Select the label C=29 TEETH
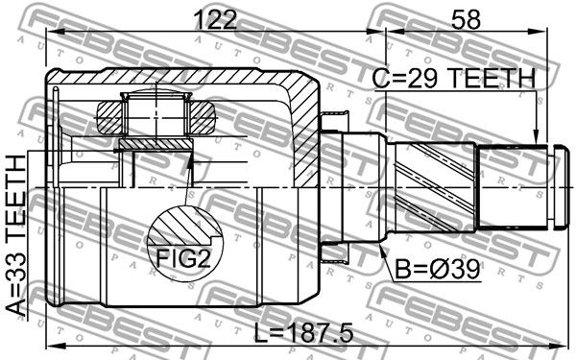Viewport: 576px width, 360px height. coord(454,79)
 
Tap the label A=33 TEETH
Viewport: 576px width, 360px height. coord(17,235)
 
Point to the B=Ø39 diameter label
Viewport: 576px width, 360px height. coord(437,270)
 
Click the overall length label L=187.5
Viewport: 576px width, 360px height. coord(303,333)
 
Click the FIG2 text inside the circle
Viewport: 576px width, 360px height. coord(183,258)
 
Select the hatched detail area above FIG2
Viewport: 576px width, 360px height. coord(183,225)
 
